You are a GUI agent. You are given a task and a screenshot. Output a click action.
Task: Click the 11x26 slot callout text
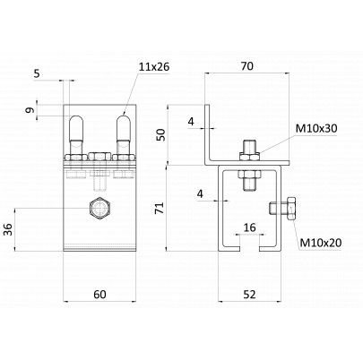coord(154,67)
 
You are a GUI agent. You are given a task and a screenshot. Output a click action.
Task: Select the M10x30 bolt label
coord(316,129)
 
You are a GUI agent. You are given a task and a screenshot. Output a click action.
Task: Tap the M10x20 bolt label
coord(321,243)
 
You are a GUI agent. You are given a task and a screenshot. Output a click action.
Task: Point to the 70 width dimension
coord(247,66)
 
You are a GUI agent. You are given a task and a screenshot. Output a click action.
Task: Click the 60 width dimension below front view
coord(99,295)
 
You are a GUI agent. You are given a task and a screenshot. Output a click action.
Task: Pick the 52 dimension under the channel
coord(249,295)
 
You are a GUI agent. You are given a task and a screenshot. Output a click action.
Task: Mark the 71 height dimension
coord(160,208)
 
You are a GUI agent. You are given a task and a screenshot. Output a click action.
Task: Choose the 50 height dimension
coord(160,134)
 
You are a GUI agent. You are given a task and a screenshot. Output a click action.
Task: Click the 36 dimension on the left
coord(8,229)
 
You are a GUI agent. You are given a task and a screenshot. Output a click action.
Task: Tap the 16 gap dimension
coord(250,227)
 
